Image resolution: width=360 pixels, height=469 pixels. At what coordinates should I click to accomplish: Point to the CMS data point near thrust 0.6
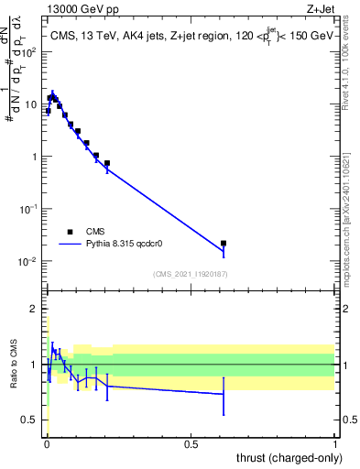224,244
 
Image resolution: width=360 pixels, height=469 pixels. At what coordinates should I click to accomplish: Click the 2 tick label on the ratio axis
36,310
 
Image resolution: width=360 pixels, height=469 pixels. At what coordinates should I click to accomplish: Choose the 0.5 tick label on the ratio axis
32,420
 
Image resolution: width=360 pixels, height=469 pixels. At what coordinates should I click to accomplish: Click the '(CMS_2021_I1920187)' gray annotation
191,274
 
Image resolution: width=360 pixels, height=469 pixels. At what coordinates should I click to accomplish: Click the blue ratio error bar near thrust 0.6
224,395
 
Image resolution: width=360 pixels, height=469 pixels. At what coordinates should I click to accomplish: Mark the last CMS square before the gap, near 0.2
107,163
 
